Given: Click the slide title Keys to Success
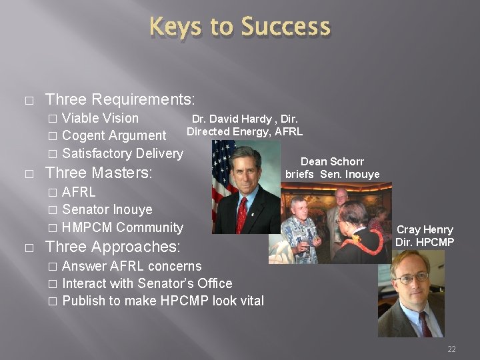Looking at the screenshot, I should coord(240,27).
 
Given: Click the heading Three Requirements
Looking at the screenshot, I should coord(119,100).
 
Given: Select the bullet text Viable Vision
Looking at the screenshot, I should coord(100,119).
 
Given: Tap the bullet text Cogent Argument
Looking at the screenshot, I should coord(114,136).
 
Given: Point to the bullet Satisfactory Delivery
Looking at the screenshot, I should coord(122,153).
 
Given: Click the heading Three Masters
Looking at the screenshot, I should coord(98,173).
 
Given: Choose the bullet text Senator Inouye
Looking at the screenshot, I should coord(107,209).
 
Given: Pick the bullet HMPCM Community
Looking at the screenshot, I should coord(122,227).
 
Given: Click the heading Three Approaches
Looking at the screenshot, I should coord(112,247).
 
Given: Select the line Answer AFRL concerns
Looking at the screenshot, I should coord(131,266).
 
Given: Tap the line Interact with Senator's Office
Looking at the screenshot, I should coord(147,283).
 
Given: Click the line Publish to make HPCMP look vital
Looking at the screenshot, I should coord(163,301).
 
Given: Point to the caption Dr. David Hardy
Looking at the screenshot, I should coord(244,125).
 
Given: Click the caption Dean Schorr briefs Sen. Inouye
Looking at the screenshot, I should coord(332,168).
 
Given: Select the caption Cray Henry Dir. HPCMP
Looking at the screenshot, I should coord(425,236).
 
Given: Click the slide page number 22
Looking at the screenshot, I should coord(451,349).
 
